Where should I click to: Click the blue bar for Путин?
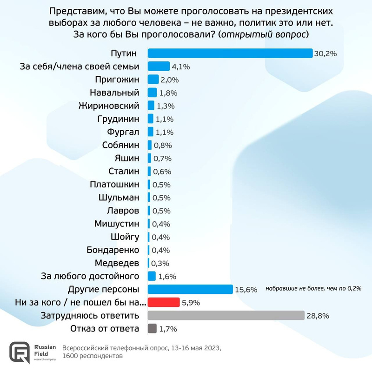pos(230,53)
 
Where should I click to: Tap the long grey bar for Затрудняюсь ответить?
pos(226,316)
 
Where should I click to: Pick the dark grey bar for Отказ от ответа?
pos(152,329)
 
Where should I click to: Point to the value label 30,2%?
pos(325,53)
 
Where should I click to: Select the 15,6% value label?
pos(246,290)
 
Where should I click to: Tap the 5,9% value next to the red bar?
pos(191,303)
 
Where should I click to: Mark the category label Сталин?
pos(123,172)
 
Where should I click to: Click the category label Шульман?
pos(119,198)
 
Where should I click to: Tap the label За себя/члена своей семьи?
pos(80,66)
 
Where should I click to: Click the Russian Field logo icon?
pos(20,352)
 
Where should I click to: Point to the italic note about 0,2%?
pos(313,289)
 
